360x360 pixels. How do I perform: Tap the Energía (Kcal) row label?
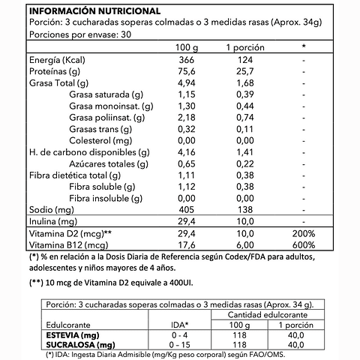tap(55, 59)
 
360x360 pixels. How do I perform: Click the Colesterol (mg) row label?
tap(100, 140)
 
